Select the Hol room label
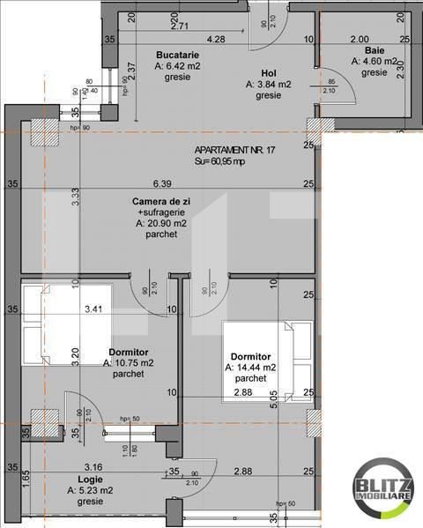[270, 74]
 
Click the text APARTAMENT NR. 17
[235, 151]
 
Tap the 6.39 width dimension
[161, 183]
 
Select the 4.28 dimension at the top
[215, 39]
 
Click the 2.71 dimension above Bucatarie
[180, 26]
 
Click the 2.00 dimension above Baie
[359, 39]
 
